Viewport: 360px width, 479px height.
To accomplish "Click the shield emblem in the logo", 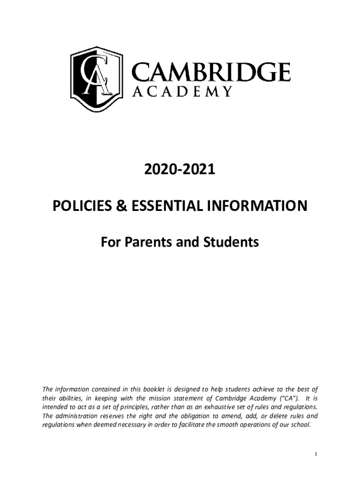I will pos(96,79).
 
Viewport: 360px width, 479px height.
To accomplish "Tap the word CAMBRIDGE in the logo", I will pos(210,73).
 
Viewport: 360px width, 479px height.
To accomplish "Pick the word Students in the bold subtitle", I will pos(231,242).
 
